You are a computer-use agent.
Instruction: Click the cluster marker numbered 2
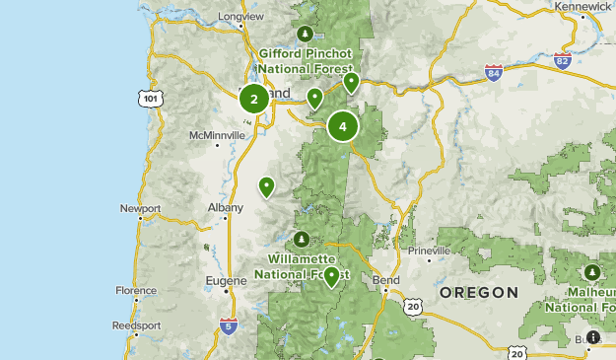click(254, 99)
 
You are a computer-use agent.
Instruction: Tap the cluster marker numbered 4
click(343, 126)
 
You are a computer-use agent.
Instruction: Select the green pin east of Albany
click(266, 186)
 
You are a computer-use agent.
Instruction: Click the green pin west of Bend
click(332, 276)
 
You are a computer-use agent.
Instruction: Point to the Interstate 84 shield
click(494, 73)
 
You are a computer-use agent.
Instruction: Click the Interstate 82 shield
click(562, 61)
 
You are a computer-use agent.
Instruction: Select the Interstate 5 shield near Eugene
click(229, 326)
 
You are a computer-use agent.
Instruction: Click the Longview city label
click(241, 17)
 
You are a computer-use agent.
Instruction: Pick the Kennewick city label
click(582, 6)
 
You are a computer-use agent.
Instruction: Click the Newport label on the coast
click(139, 208)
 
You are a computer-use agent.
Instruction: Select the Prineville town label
click(429, 251)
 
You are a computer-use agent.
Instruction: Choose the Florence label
click(136, 291)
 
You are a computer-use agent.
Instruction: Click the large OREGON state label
click(478, 293)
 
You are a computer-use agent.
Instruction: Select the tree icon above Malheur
click(591, 271)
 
